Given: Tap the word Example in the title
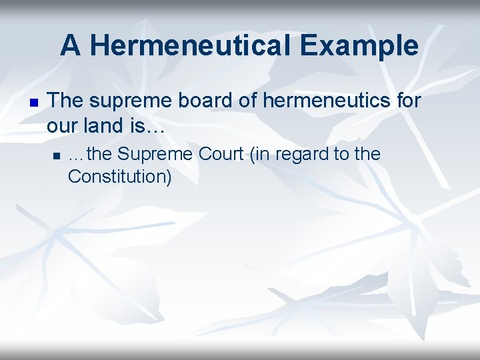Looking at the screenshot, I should coord(359,46).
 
